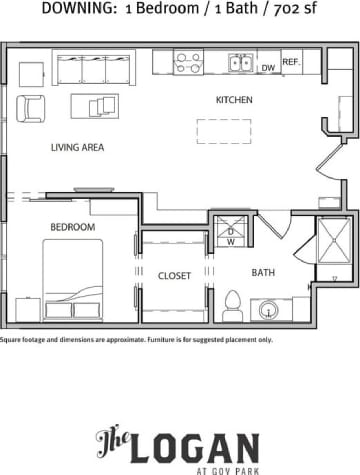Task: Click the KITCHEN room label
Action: pyautogui.click(x=234, y=100)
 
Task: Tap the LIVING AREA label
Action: pyautogui.click(x=78, y=147)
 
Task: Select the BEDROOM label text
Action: pyautogui.click(x=74, y=227)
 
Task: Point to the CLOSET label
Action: pyautogui.click(x=174, y=275)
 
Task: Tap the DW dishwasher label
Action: pyautogui.click(x=268, y=68)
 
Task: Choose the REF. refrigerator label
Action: pyautogui.click(x=291, y=62)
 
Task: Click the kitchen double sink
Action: pyautogui.click(x=240, y=63)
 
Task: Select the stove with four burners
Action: pyautogui.click(x=188, y=63)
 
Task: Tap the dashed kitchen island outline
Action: pyautogui.click(x=223, y=131)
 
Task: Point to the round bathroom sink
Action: pyautogui.click(x=269, y=311)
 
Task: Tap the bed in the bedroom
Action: pyautogui.click(x=72, y=280)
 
